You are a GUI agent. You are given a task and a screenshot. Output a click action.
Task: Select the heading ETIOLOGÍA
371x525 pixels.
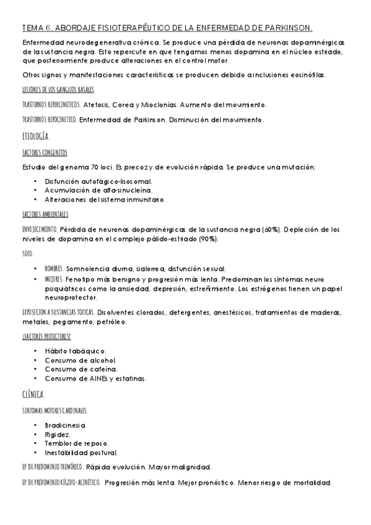(x=36, y=136)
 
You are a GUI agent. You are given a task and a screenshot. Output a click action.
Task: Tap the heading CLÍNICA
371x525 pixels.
(x=33, y=394)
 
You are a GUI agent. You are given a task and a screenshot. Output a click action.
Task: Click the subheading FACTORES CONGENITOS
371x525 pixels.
(x=45, y=153)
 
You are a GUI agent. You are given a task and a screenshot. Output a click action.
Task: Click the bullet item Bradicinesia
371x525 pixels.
(x=66, y=425)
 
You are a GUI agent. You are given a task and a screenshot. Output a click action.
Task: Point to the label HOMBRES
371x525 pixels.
(x=54, y=269)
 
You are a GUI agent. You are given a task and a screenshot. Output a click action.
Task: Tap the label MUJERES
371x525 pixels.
(x=54, y=279)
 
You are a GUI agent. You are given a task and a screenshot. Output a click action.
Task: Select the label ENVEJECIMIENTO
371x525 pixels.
(x=39, y=230)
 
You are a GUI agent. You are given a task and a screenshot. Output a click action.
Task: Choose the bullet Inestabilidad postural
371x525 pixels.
(x=81, y=453)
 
